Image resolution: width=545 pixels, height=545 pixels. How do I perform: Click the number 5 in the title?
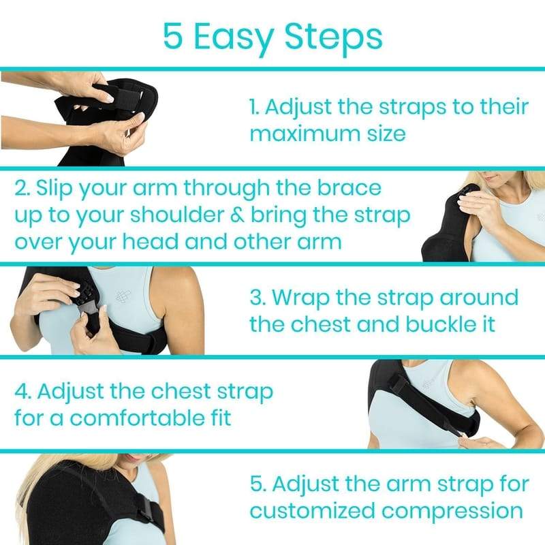(x=173, y=36)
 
